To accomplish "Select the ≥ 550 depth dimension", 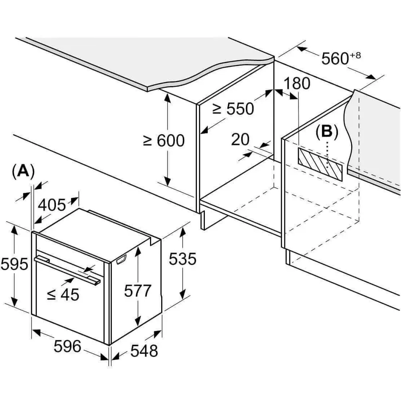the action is (233, 109).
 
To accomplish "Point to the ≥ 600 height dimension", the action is (164, 141).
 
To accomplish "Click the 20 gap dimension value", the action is (240, 139).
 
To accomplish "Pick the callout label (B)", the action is (327, 132).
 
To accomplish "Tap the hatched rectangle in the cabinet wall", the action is (320, 165).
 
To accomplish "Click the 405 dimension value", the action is (52, 205).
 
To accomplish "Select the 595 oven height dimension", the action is (14, 264).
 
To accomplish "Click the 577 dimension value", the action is (138, 291).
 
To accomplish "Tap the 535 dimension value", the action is (182, 259).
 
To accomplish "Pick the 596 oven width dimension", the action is (67, 346).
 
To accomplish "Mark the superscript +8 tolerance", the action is (355, 55).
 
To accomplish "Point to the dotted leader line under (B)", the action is (327, 155).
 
